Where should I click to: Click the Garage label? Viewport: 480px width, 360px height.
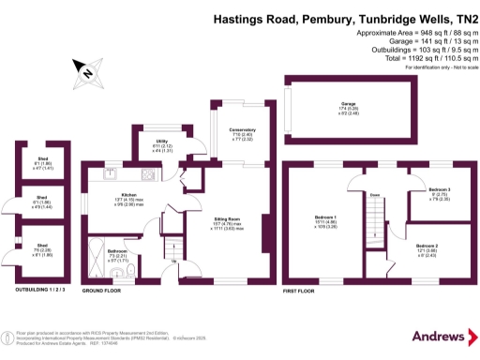(347, 105)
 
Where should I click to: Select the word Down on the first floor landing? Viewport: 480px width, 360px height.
(374, 195)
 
